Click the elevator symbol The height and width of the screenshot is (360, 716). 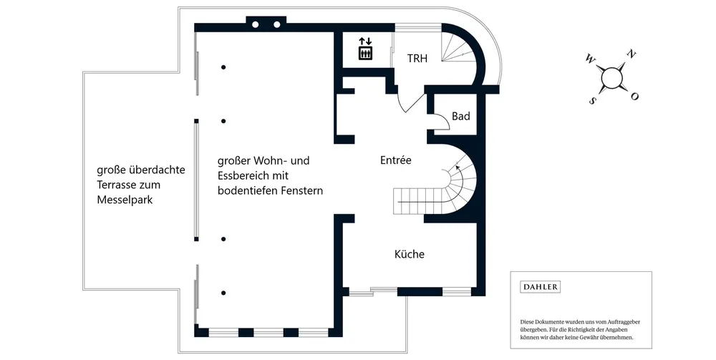click(x=365, y=49)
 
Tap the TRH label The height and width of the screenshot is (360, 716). click(x=417, y=59)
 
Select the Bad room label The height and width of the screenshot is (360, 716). click(x=460, y=117)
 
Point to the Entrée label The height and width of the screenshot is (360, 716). click(x=396, y=160)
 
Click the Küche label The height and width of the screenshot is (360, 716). click(x=410, y=254)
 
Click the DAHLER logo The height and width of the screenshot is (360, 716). click(x=540, y=287)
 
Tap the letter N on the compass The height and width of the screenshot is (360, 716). click(x=631, y=54)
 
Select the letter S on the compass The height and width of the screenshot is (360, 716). click(x=593, y=101)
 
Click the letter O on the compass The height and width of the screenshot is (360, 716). click(x=634, y=96)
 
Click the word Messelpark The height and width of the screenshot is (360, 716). click(x=125, y=200)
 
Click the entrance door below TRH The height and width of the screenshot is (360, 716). click(x=410, y=99)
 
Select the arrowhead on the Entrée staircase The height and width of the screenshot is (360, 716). click(x=457, y=168)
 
